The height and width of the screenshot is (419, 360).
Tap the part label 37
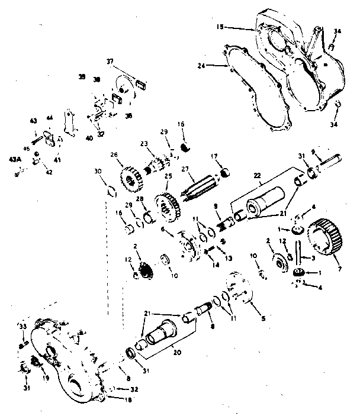(x=110, y=61)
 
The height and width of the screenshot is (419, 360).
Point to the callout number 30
(x=98, y=171)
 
